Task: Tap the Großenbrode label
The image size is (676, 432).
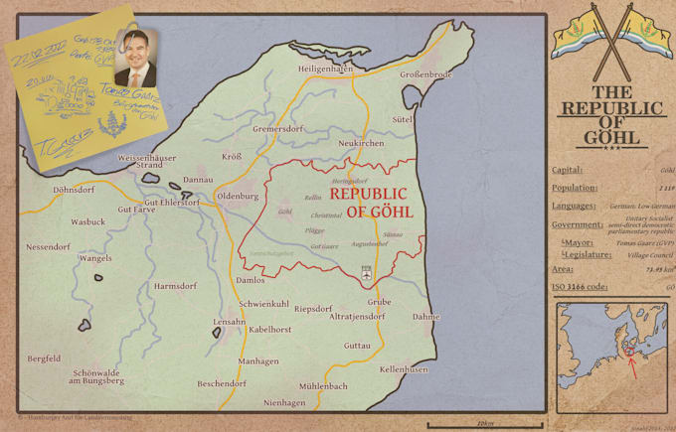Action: coord(426,74)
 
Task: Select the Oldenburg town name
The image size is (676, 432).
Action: coord(238,197)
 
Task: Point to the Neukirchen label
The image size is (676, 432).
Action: coord(361,144)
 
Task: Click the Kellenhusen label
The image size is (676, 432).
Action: coord(404,368)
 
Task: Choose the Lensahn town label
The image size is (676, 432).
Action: coord(230,323)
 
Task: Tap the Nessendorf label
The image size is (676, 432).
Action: coord(48,246)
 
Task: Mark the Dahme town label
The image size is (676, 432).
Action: coord(426,317)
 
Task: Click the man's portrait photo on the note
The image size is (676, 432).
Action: coord(136,59)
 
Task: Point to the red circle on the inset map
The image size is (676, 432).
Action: coord(630,351)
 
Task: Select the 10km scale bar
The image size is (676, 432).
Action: coord(484,424)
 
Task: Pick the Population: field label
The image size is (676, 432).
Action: coord(574,188)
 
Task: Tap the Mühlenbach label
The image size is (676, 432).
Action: coord(324,385)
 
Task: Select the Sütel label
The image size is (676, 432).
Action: coord(403,118)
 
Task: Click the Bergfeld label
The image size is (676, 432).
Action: coord(45,359)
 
